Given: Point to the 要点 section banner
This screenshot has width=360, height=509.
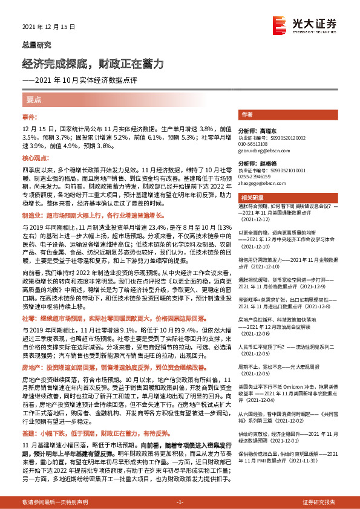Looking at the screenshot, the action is [34, 99].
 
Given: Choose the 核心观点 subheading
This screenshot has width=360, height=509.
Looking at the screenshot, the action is [34, 157].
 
